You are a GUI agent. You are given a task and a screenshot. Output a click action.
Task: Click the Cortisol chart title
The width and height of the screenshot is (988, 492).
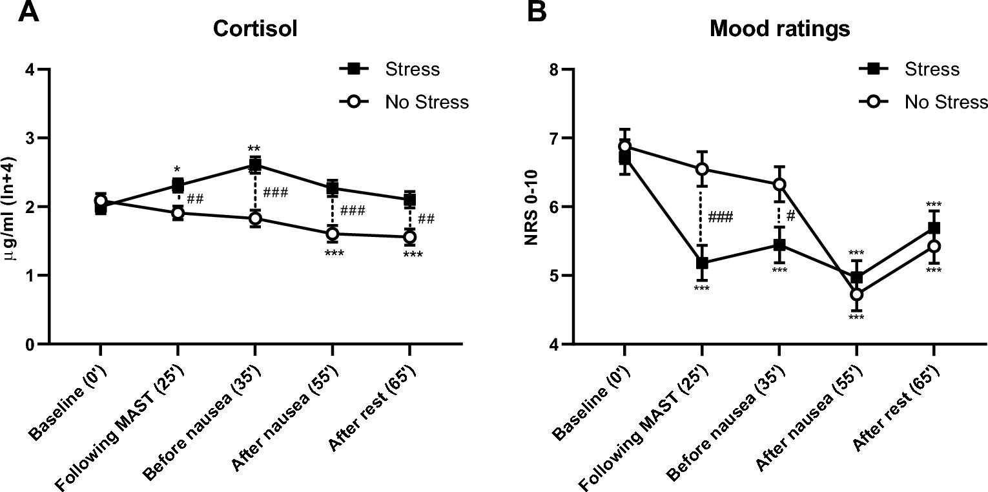[x=255, y=30]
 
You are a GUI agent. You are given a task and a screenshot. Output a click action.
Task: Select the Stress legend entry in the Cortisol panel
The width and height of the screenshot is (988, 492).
[x=411, y=69]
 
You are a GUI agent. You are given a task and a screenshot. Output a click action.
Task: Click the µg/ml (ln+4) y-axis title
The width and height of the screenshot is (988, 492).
[x=11, y=207]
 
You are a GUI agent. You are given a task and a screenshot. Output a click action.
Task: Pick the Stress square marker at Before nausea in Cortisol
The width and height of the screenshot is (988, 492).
[x=255, y=165]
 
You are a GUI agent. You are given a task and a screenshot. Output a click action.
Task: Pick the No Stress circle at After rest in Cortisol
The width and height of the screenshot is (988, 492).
[x=409, y=237]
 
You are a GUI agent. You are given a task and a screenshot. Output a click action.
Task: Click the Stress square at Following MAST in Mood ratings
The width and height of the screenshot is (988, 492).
[x=702, y=263]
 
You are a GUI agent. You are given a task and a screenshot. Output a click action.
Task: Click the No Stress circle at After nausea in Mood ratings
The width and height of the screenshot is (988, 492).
[x=856, y=294]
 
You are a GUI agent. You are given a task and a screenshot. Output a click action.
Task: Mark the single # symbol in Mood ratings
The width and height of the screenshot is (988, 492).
[x=790, y=217]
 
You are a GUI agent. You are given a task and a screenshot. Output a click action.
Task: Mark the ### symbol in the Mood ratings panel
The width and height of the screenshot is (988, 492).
[x=720, y=217]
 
